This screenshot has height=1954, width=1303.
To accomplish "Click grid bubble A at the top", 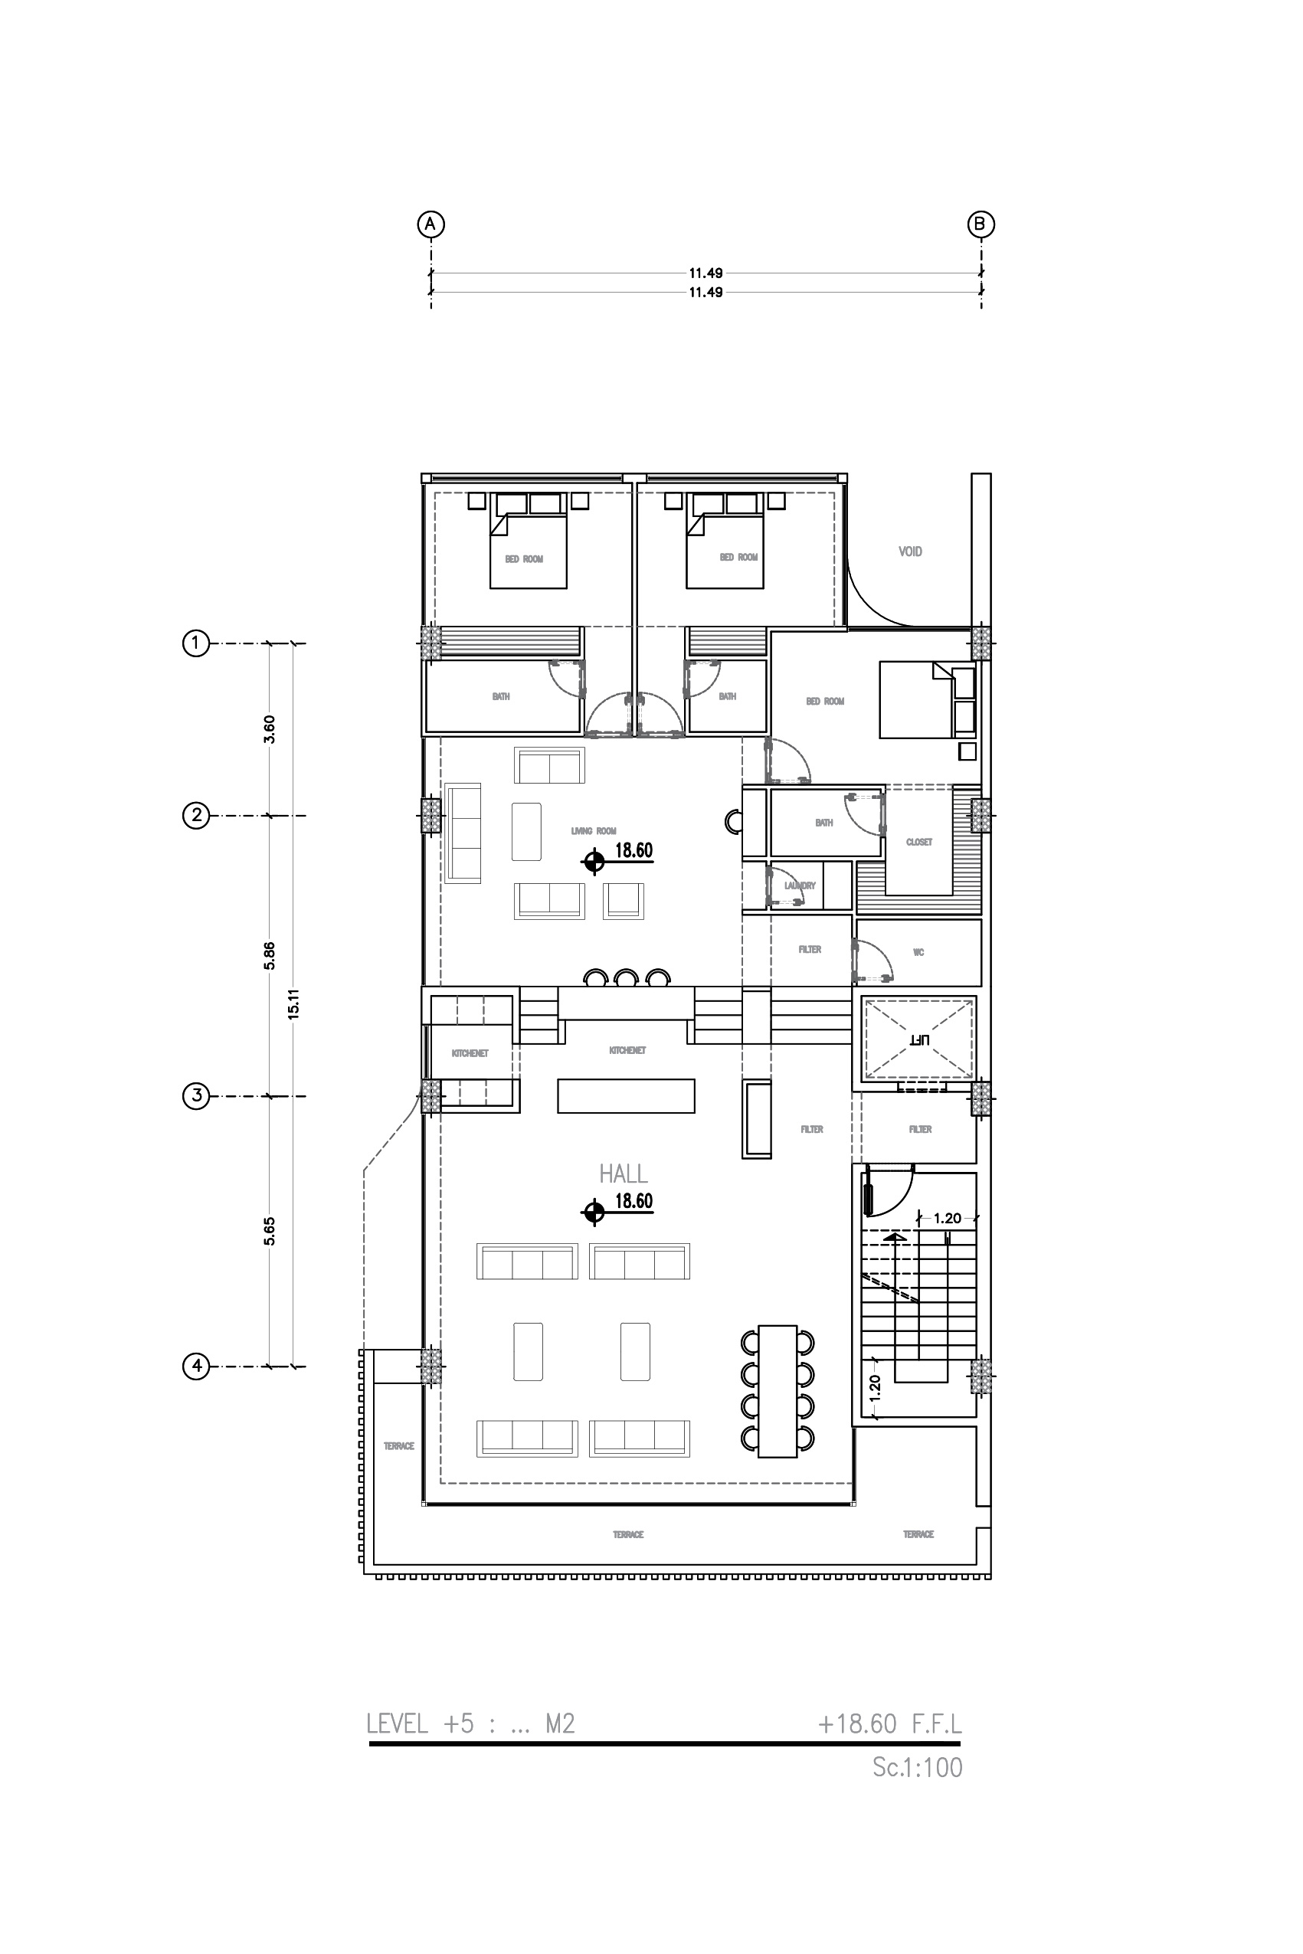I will [x=431, y=224].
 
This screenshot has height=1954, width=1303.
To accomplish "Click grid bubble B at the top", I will [x=981, y=224].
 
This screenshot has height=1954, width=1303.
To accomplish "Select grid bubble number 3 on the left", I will [x=196, y=1096].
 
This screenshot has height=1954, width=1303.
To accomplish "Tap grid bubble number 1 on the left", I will [x=196, y=643].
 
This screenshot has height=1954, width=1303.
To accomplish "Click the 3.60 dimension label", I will [x=269, y=728].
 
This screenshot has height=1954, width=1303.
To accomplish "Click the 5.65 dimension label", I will [x=269, y=1231].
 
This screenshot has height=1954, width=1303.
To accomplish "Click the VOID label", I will [x=910, y=552].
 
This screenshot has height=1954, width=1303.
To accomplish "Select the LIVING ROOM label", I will [x=594, y=831].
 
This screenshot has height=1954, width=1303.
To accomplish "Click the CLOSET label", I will [x=918, y=843].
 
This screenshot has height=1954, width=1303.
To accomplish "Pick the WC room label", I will [x=918, y=952].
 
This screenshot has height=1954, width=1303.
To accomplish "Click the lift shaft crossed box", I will [x=918, y=1039].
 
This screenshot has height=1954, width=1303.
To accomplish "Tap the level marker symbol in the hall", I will [x=594, y=1213].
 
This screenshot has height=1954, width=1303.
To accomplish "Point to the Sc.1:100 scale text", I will [x=917, y=1767].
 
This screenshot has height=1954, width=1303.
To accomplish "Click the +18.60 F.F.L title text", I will [x=889, y=1724].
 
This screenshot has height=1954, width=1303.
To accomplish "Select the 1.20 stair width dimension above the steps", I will [x=948, y=1219].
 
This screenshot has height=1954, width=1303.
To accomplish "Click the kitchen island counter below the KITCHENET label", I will [x=626, y=1095].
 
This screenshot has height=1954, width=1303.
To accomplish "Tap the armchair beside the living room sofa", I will [x=624, y=901].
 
